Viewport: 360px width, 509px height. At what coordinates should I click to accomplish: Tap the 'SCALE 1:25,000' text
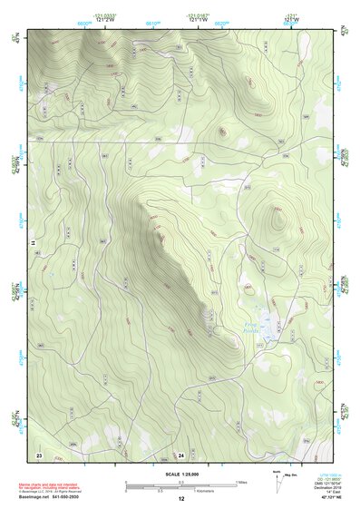point(181,471)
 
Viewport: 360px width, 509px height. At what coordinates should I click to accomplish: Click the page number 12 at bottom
point(181,498)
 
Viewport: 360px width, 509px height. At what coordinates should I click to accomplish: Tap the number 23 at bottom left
point(39,453)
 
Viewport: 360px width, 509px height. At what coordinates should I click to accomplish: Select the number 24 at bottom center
point(181,453)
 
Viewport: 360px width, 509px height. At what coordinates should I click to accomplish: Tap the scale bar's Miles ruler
point(180,483)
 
